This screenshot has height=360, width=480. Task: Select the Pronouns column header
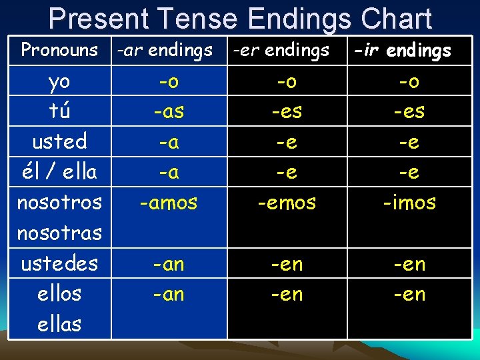tap(59, 50)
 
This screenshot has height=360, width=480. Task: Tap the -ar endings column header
tap(165, 50)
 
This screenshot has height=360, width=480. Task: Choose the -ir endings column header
tap(403, 50)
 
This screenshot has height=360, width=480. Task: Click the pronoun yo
tap(59, 81)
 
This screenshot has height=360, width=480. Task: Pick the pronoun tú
tap(59, 111)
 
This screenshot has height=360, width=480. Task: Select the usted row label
tap(59, 141)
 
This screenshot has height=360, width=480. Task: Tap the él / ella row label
tap(59, 172)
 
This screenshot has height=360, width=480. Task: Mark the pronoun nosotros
tap(59, 202)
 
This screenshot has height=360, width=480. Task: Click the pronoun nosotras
tap(59, 233)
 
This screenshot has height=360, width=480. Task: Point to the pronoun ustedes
tap(59, 263)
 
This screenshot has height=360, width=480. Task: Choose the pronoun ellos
tap(59, 293)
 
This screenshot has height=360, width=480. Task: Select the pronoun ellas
tap(59, 324)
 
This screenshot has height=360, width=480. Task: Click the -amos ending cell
tap(169, 203)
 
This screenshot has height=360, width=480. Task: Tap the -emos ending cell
tap(287, 203)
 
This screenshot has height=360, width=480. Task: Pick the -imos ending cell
tap(409, 203)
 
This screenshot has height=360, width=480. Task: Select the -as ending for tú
tap(169, 112)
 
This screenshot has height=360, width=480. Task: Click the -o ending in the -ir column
tap(409, 81)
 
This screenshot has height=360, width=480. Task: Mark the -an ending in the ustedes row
tap(169, 264)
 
